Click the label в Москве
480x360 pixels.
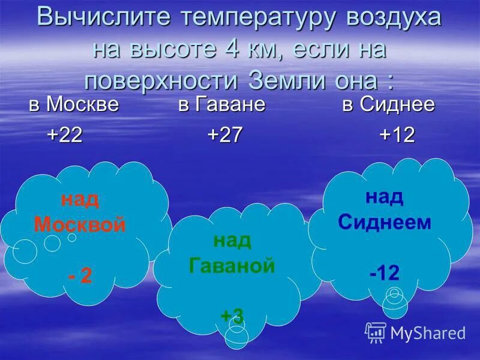pos(74,104)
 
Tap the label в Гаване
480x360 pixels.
pos(221,104)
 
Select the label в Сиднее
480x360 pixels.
pos(388,104)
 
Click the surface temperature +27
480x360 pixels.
pos(225,135)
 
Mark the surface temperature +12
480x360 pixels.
pos(397,135)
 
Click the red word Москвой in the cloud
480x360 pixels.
pos(80,225)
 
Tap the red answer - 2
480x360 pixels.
pos(80,276)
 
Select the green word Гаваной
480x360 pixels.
pos(232,265)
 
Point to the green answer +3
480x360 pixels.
pos(232,316)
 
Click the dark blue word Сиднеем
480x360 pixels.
pos(385,223)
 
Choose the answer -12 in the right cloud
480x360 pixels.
pos(385,274)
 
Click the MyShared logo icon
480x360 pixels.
pos(376,332)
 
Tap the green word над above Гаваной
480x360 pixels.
pos(232,240)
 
